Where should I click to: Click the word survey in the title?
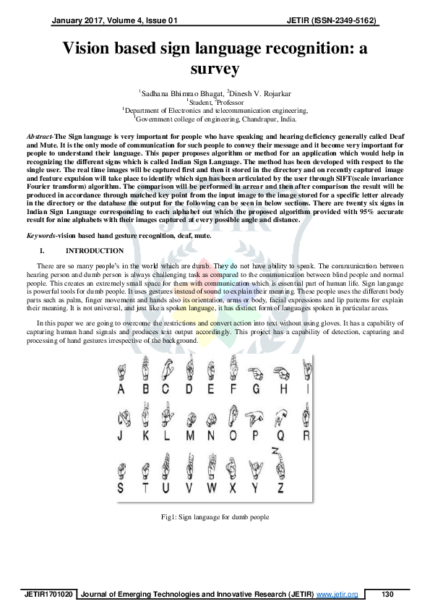pyautogui.click(x=215, y=69)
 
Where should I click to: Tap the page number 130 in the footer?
pyautogui.click(x=387, y=594)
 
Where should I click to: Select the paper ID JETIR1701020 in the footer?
pyautogui.click(x=48, y=594)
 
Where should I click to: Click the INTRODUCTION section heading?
pyautogui.click(x=94, y=251)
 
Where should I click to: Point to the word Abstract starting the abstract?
pyautogui.click(x=40, y=136)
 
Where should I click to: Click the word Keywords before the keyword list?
pyautogui.click(x=42, y=236)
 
